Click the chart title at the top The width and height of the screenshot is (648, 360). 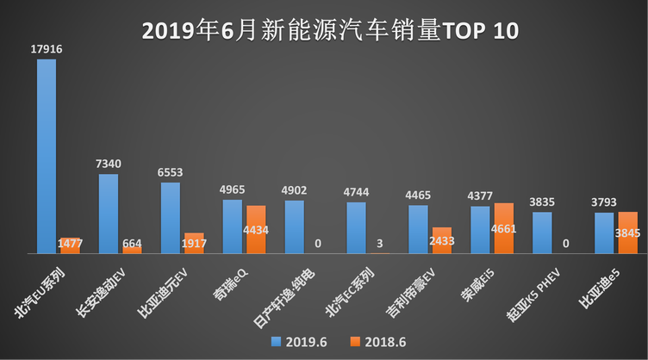pos(324,32)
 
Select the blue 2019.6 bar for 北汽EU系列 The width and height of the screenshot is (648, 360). pos(47,156)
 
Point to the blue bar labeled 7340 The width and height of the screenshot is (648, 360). pos(109,214)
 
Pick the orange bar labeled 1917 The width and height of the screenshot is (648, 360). pos(195,243)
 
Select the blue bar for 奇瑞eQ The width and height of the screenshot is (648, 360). pos(233,227)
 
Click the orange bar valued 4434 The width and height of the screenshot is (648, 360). pos(256,229)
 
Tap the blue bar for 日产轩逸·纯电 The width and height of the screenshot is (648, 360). pos(295,227)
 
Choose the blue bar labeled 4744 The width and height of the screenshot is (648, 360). pos(356,227)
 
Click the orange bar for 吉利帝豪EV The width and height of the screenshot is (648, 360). pos(442,240)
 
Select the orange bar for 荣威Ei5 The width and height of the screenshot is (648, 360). pos(504,228)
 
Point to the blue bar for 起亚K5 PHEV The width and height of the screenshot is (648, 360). pos(542,233)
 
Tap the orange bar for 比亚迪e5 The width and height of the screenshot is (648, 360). pos(628,233)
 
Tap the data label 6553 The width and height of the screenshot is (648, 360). pos(170,172)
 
